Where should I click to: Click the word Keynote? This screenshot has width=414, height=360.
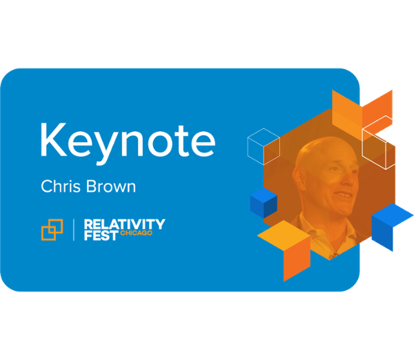[127, 140]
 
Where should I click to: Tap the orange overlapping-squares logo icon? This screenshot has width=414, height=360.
[52, 229]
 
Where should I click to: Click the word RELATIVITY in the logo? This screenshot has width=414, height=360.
[124, 223]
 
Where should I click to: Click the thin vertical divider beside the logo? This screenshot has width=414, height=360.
[73, 229]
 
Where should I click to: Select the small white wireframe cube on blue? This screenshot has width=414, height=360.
[263, 146]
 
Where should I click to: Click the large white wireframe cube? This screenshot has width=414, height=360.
[386, 141]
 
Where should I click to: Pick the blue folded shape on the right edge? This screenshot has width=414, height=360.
[391, 225]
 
